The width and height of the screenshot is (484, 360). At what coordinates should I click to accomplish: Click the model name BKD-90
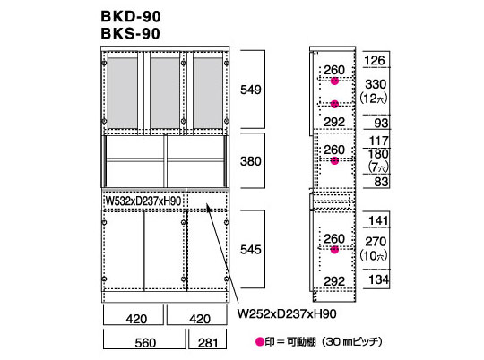(x=131, y=17)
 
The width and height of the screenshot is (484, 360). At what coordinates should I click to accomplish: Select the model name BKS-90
(x=131, y=34)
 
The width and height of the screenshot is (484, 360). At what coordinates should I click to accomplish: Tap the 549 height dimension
(x=251, y=90)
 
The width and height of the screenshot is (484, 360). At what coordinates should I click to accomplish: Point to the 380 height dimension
(x=251, y=161)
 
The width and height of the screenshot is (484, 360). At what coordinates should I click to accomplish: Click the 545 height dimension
(x=251, y=249)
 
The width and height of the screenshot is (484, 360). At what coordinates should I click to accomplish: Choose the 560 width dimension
(x=145, y=343)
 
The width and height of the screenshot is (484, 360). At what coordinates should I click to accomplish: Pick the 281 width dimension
(x=208, y=343)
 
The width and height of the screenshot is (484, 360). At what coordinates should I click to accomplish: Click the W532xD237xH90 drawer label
(x=143, y=201)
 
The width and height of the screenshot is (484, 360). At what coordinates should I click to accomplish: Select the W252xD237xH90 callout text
(x=287, y=313)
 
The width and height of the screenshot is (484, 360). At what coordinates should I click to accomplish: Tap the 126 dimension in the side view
(x=375, y=61)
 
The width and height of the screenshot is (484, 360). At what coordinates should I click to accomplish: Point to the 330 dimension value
(x=376, y=84)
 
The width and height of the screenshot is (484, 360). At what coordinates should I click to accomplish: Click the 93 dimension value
(x=381, y=123)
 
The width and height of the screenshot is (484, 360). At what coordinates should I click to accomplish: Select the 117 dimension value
(x=379, y=141)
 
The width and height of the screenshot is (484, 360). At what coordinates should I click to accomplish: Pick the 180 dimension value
(x=378, y=154)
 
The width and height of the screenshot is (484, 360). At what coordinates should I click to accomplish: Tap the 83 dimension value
(x=381, y=182)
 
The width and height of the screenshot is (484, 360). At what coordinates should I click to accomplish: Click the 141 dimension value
(x=379, y=220)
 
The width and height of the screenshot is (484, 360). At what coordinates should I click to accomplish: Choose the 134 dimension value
(x=379, y=279)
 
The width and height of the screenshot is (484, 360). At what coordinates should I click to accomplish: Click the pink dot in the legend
(x=260, y=341)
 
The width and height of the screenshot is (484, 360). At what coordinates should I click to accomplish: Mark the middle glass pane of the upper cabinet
(x=165, y=93)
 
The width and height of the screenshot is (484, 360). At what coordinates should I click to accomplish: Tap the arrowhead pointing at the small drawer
(x=209, y=209)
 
